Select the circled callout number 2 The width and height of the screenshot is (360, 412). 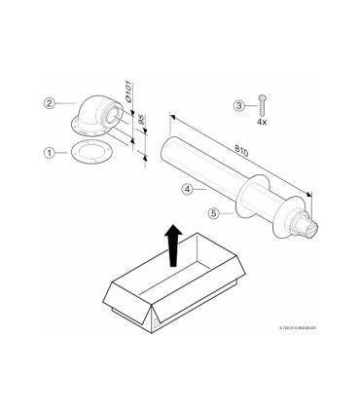click(x=49, y=101)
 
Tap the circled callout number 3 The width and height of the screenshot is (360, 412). click(x=239, y=105)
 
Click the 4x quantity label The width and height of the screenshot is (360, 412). click(x=262, y=123)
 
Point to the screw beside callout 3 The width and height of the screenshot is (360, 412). click(x=262, y=102)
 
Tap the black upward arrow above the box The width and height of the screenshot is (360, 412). click(x=172, y=243)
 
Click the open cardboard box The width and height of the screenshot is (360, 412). click(x=175, y=287)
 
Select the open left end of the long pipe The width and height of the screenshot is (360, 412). click(x=159, y=154)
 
